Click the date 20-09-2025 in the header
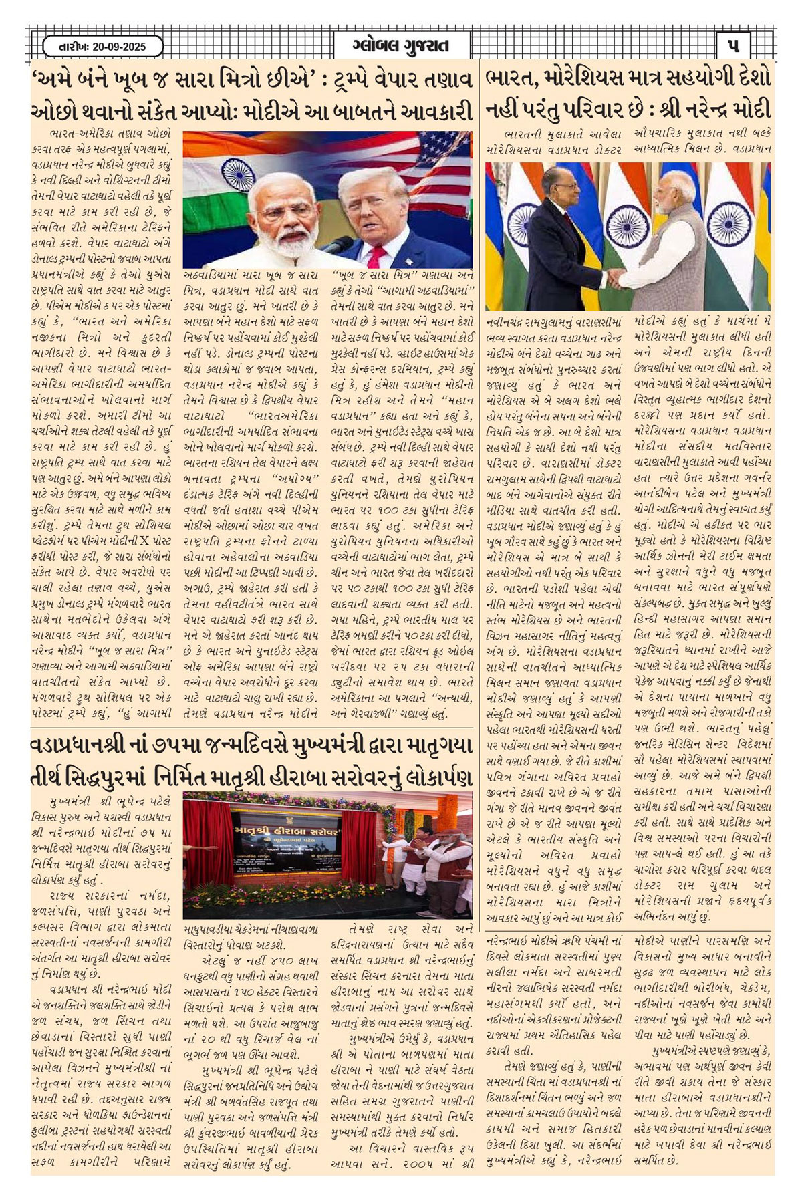click(110, 47)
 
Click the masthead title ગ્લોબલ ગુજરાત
click(400, 46)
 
